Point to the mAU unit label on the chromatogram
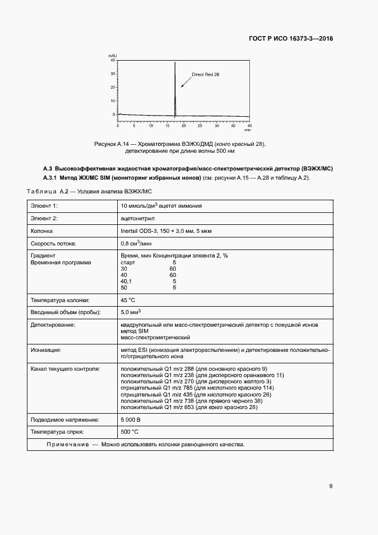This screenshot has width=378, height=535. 113,56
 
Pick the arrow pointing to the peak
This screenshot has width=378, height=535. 184,84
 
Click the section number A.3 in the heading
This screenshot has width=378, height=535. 47,169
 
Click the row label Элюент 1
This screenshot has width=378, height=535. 45,205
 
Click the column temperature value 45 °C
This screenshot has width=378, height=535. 128,299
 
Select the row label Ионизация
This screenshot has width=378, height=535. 46,349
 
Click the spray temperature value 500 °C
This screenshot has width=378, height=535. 130,431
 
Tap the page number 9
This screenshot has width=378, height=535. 331,486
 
